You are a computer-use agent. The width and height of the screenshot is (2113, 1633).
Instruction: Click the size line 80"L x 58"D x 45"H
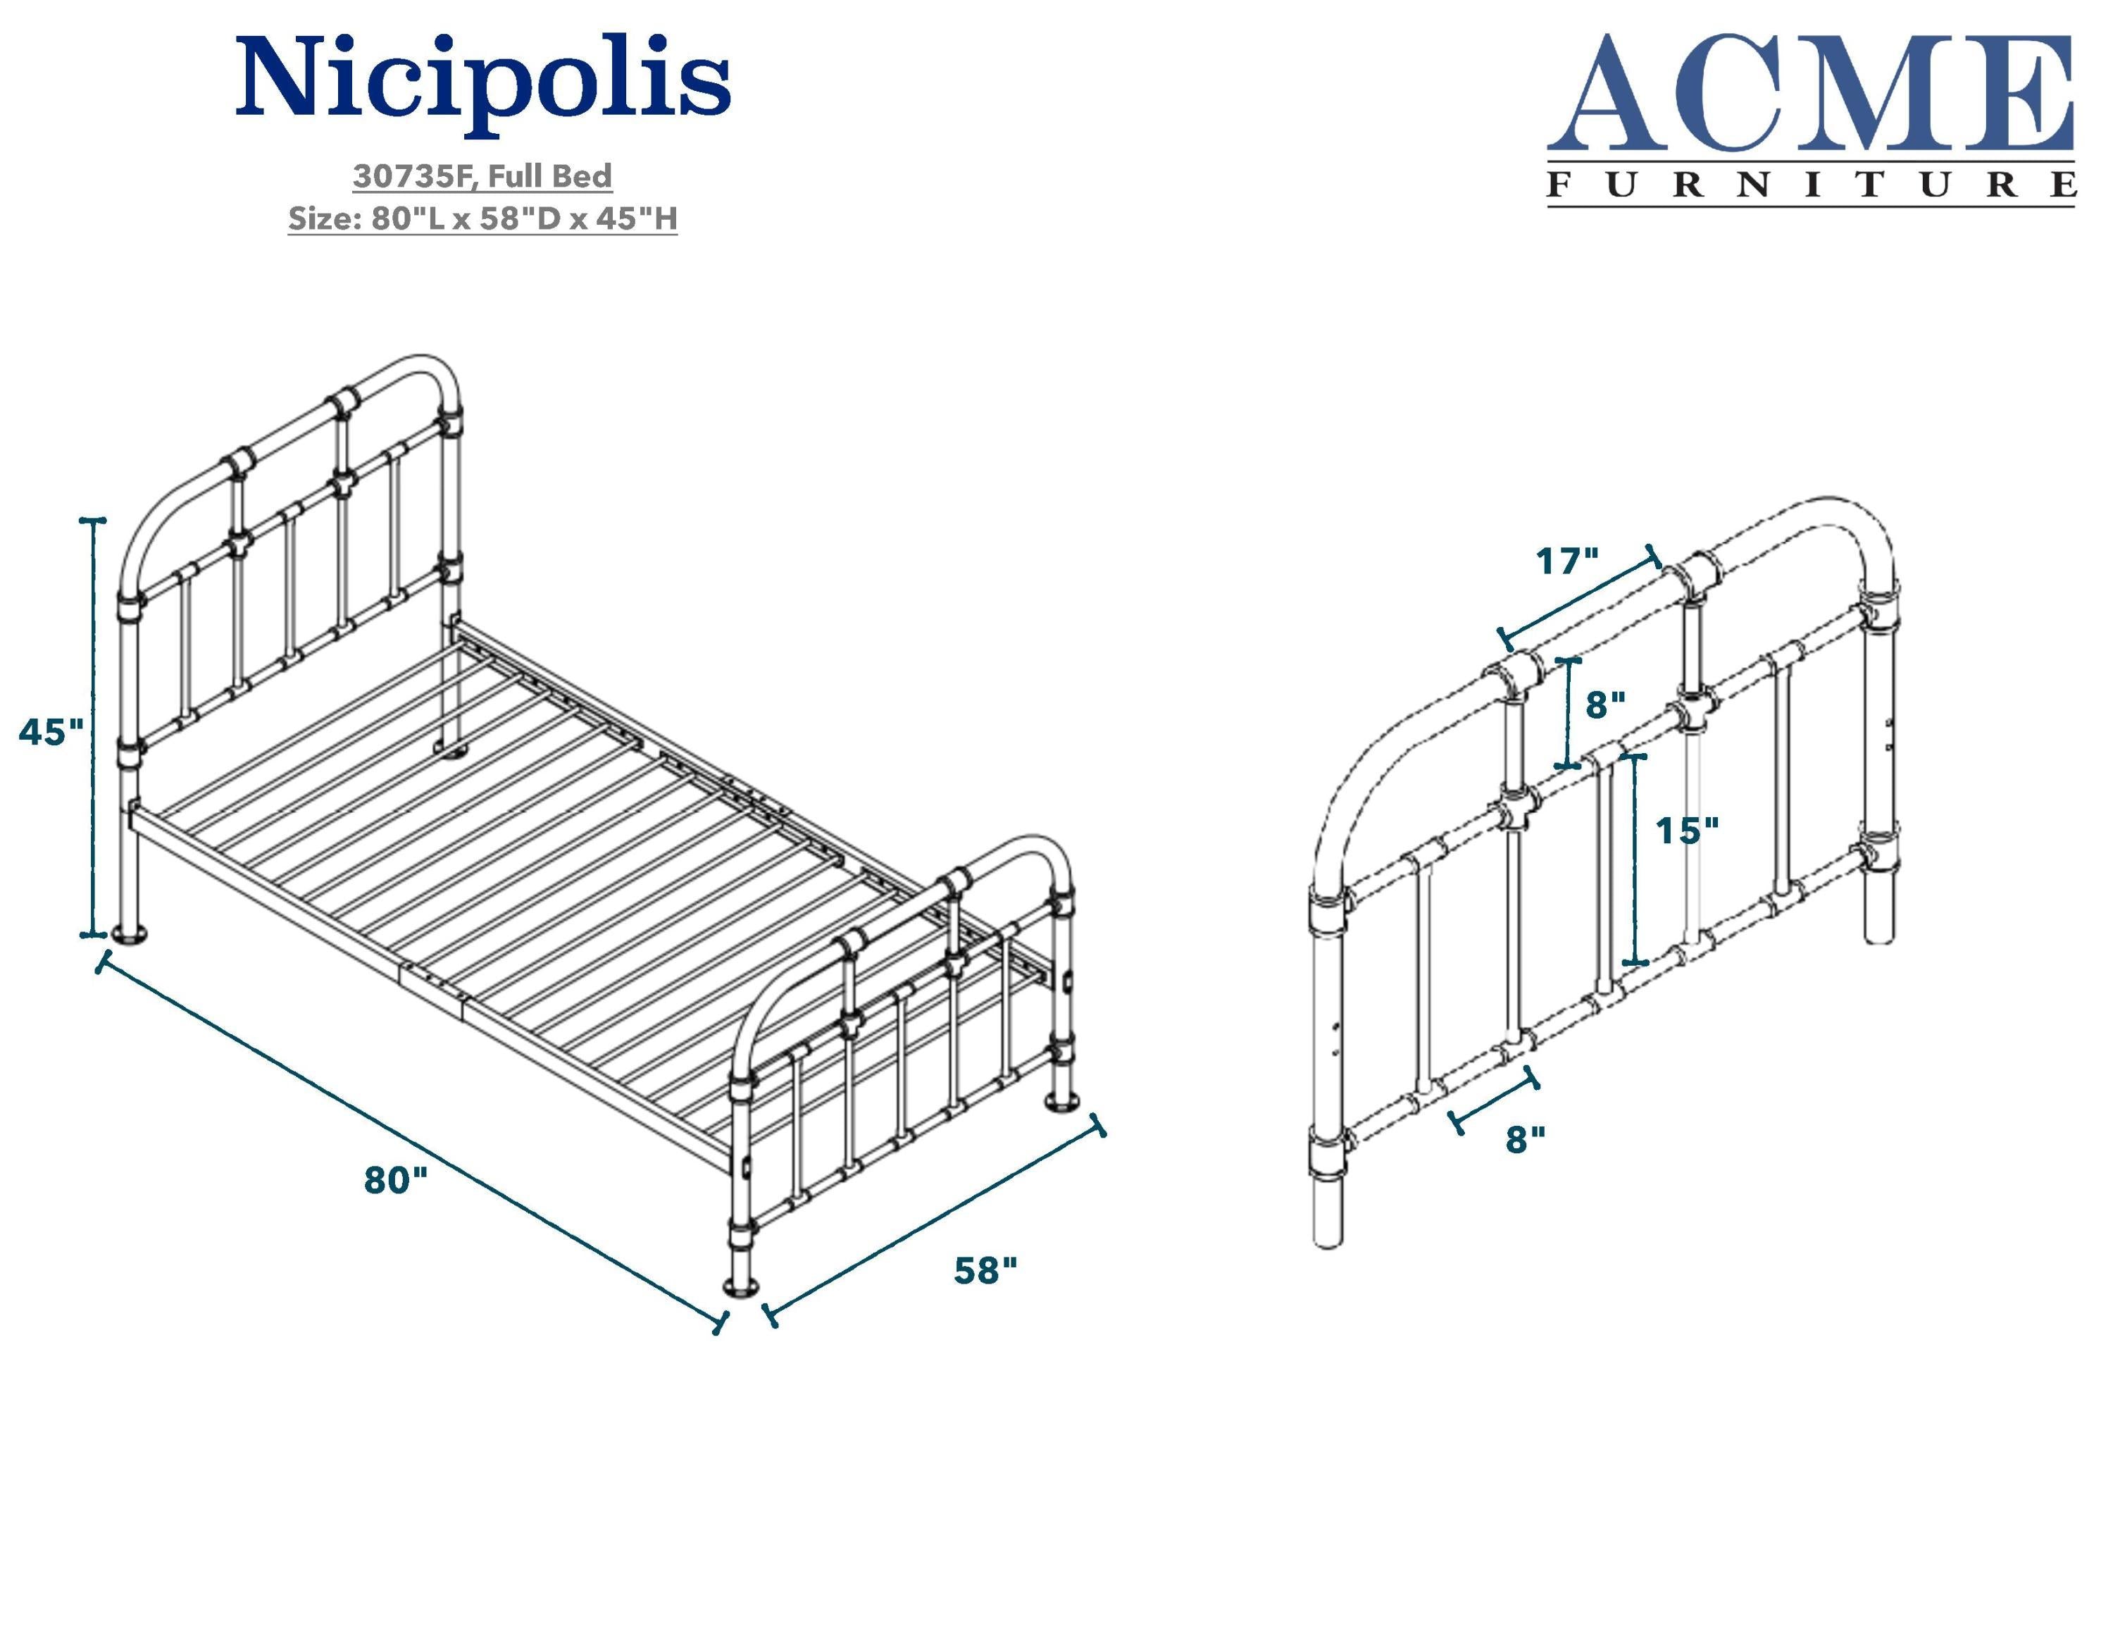point(523,218)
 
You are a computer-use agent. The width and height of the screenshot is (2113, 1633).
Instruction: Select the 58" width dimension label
point(985,1270)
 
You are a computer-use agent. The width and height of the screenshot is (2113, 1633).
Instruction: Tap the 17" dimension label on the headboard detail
point(1567,560)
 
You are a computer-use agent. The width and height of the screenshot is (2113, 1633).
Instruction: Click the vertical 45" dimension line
point(94,726)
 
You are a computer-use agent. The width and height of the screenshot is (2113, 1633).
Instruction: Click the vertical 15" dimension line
point(1635,859)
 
